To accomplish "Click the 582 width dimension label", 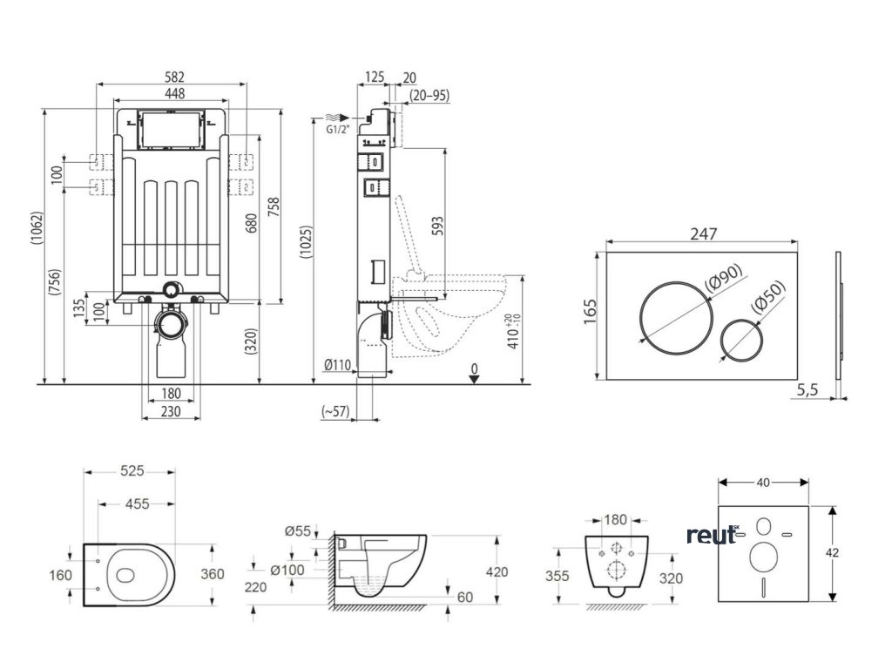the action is pos(172,78).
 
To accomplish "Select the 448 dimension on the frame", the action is pos(172,93).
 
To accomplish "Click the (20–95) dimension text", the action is pos(429,95).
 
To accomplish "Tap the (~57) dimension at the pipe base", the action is pos(334,411).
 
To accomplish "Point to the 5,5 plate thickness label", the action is pos(808,391).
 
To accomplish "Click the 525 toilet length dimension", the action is pos(132,471).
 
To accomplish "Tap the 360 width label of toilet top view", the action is pos(212,574).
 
